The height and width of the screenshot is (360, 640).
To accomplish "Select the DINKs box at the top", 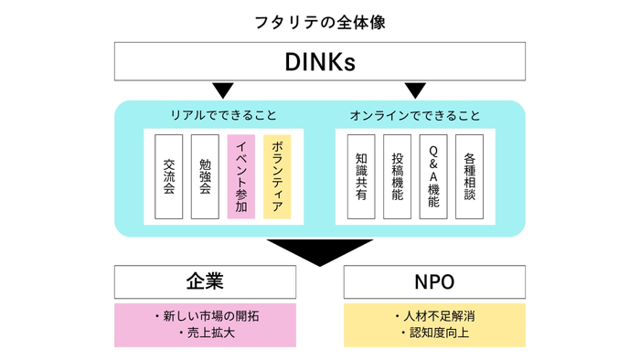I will pyautogui.click(x=319, y=62).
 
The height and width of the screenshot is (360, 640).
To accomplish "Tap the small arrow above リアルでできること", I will pyautogui.click(x=223, y=90).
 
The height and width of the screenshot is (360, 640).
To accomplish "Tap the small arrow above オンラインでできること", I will pyautogui.click(x=415, y=90).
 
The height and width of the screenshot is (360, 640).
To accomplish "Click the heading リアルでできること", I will pyautogui.click(x=223, y=116).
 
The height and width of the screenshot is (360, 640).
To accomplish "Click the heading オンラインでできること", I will pyautogui.click(x=415, y=116).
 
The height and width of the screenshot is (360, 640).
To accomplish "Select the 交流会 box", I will pyautogui.click(x=168, y=176).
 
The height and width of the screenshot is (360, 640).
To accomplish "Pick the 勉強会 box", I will pyautogui.click(x=205, y=176).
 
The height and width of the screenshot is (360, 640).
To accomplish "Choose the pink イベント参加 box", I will pyautogui.click(x=240, y=176).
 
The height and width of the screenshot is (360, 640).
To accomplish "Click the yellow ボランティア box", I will pyautogui.click(x=277, y=176).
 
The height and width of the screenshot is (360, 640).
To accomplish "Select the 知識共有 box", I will pyautogui.click(x=360, y=176).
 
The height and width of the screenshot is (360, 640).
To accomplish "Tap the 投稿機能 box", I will pyautogui.click(x=397, y=176).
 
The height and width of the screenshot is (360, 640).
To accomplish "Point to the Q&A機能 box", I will pyautogui.click(x=432, y=176).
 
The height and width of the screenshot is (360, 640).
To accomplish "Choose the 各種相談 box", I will pyautogui.click(x=469, y=176).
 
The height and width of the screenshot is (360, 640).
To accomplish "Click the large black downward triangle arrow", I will pyautogui.click(x=319, y=251).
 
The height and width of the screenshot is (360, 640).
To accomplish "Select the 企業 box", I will pyautogui.click(x=205, y=281).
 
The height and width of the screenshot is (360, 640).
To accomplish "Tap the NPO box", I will pyautogui.click(x=434, y=281).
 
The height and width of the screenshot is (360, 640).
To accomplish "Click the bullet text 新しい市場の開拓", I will pyautogui.click(x=209, y=316).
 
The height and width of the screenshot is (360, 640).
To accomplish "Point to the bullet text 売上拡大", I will pyautogui.click(x=209, y=334).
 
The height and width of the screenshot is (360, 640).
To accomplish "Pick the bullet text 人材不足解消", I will pyautogui.click(x=438, y=316).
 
